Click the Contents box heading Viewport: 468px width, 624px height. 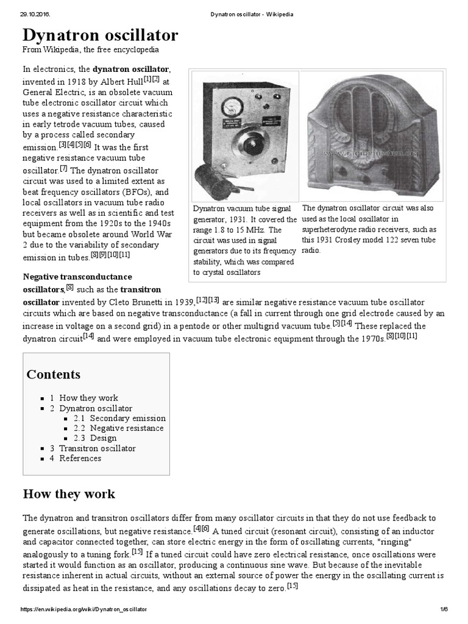(x=54, y=374)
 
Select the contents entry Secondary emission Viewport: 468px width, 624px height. (x=127, y=418)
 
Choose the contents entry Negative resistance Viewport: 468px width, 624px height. (x=127, y=428)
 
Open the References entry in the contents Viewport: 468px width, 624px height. (x=80, y=458)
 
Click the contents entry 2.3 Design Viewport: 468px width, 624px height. (x=103, y=438)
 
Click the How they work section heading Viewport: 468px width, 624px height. (x=69, y=494)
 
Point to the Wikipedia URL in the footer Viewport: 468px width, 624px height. (x=84, y=609)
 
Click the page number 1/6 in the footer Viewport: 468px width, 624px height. (x=443, y=609)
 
